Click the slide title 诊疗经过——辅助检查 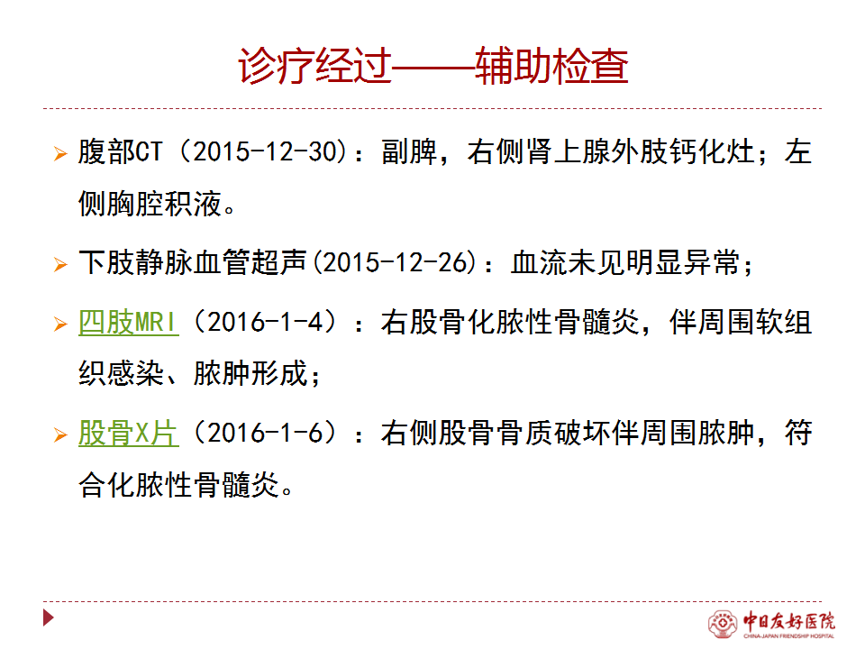click(x=433, y=66)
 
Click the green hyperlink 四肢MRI click(x=129, y=322)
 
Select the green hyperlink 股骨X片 click(x=129, y=433)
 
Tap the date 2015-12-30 click(x=265, y=151)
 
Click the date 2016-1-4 click(x=265, y=322)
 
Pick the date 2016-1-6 click(x=265, y=433)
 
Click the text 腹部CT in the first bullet click(x=121, y=151)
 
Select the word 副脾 click(x=409, y=151)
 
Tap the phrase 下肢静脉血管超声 click(x=193, y=262)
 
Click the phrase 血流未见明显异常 click(x=624, y=262)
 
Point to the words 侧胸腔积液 click(x=150, y=204)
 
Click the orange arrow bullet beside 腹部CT click(x=60, y=153)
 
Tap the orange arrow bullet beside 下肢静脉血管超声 click(x=60, y=264)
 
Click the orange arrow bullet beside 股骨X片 click(x=60, y=434)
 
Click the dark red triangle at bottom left click(x=48, y=617)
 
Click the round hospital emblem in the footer click(x=723, y=624)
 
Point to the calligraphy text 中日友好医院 click(x=789, y=621)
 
